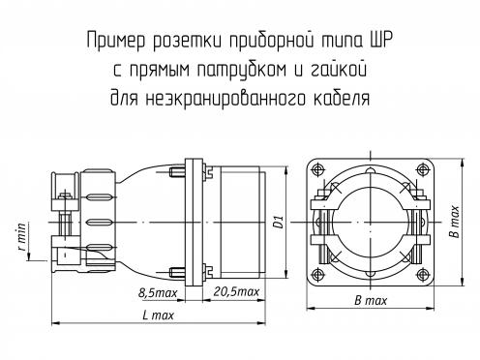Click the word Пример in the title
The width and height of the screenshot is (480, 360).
click(116, 42)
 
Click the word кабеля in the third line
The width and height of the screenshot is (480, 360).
click(342, 98)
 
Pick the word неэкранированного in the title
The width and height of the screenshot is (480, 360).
click(225, 99)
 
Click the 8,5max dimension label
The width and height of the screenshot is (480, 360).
click(158, 293)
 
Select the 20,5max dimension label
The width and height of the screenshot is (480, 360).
click(236, 291)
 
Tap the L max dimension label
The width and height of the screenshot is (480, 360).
click(158, 315)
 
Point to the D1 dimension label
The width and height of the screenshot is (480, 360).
click(278, 222)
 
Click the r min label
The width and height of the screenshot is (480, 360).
click(22, 237)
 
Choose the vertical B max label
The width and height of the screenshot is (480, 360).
click(455, 222)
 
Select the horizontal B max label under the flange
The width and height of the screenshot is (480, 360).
click(371, 301)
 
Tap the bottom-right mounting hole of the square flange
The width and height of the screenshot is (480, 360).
click(422, 274)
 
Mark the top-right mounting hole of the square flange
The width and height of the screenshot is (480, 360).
click(422, 170)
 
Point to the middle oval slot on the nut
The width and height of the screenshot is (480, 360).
click(101, 223)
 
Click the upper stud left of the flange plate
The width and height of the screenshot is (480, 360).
click(177, 172)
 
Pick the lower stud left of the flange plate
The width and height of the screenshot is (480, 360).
click(177, 273)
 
